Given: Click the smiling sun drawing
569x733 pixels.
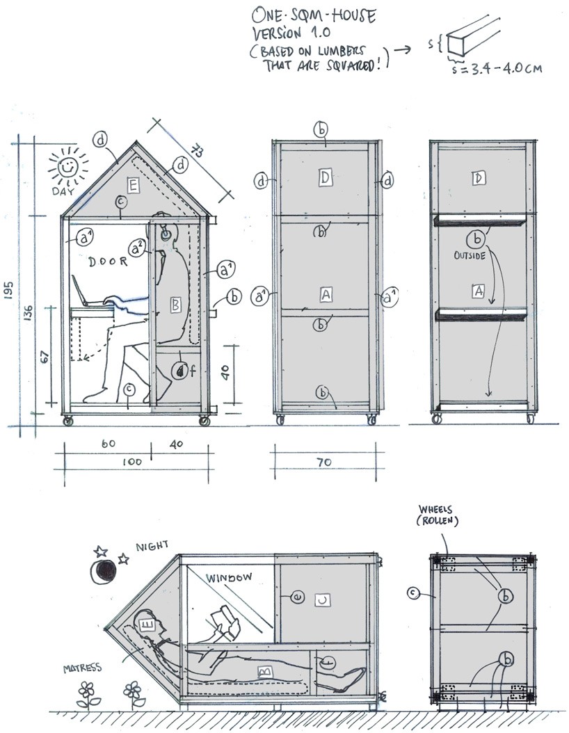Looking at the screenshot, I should pos(67,168).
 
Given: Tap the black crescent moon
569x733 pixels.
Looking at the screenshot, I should pos(105,572).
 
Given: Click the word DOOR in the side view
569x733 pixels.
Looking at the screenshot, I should pos(109,261).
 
